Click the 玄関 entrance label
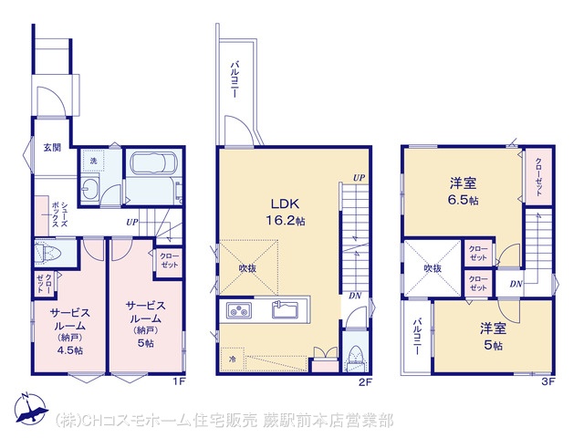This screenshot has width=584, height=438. pos(52,148)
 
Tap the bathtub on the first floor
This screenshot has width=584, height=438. pos(154,163)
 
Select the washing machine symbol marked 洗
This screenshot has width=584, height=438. pos(93,161)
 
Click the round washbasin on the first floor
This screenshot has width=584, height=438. pos(89,189)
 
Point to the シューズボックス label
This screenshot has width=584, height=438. pos(59,214)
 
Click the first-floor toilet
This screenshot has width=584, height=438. pos(47,253)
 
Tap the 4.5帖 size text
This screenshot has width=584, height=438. pos(70,350)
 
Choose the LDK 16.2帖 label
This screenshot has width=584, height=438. pos(285,213)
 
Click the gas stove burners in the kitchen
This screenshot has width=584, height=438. pos(239,310)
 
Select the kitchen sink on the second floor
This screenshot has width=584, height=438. pos(285,309)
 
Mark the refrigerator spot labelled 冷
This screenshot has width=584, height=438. pos(233,360)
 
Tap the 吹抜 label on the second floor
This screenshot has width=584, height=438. pos(247,267)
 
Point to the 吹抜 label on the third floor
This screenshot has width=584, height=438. pos(433,268)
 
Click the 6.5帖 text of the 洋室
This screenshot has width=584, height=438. pos(463,201)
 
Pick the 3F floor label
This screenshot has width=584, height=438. pos(547,381)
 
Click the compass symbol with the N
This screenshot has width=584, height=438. pos(31,409)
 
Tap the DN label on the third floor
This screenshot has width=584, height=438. pos(516,284)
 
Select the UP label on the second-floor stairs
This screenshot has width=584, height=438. pos(359,178)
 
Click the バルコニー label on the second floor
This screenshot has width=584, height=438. pos(235,80)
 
